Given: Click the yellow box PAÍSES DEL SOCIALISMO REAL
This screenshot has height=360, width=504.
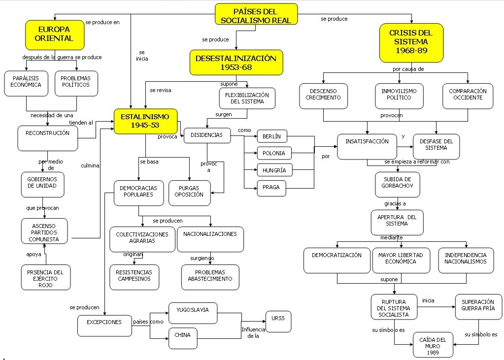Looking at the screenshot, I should pyautogui.click(x=256, y=14).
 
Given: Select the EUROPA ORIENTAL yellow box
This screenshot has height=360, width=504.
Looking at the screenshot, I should pyautogui.click(x=55, y=34).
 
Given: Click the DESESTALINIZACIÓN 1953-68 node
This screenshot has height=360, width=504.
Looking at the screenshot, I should pyautogui.click(x=236, y=62).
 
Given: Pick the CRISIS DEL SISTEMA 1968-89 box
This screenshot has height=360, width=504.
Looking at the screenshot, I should pyautogui.click(x=411, y=42).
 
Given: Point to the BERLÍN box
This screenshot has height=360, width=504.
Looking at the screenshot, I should pyautogui.click(x=271, y=136).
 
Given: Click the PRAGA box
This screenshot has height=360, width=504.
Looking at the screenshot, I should pyautogui.click(x=271, y=188).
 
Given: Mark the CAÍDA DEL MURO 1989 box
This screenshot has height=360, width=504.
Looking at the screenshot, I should pyautogui.click(x=433, y=345).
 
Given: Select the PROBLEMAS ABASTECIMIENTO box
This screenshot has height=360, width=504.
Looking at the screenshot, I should pyautogui.click(x=210, y=276).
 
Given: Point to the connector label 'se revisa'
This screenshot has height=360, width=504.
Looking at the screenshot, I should pyautogui.click(x=161, y=90).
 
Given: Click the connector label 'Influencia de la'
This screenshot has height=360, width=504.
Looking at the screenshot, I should pyautogui.click(x=253, y=333).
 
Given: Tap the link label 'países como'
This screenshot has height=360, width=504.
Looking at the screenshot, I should pyautogui.click(x=148, y=322).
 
